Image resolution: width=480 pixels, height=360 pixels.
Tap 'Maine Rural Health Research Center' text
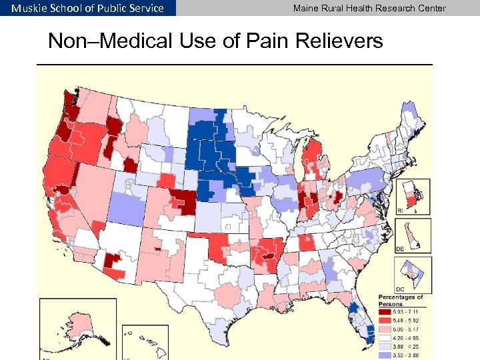(369, 8)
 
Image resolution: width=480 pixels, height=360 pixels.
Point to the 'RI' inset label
(400, 209)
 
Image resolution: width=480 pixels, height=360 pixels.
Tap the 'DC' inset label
(400, 289)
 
